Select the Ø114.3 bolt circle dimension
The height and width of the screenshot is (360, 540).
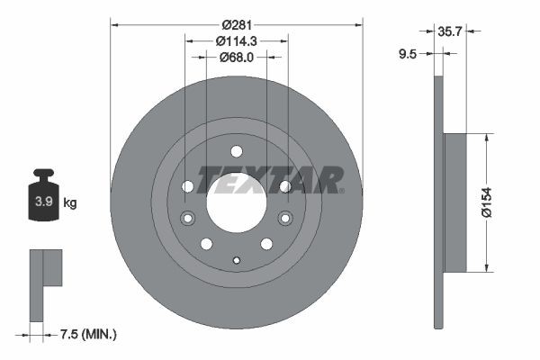coord(237,40)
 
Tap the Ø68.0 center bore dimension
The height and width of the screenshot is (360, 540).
coord(237,58)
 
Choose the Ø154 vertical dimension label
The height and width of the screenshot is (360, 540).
coord(509,202)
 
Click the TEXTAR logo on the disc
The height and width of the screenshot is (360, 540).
coord(268,179)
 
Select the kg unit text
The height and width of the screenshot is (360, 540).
coord(70,202)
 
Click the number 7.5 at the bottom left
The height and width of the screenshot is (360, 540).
coord(67,335)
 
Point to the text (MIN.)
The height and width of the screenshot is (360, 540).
coord(99,335)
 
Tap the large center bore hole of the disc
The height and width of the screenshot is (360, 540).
coord(237,202)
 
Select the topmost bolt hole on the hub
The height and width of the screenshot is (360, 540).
coord(237,151)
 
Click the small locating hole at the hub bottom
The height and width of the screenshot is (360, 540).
coord(237,261)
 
